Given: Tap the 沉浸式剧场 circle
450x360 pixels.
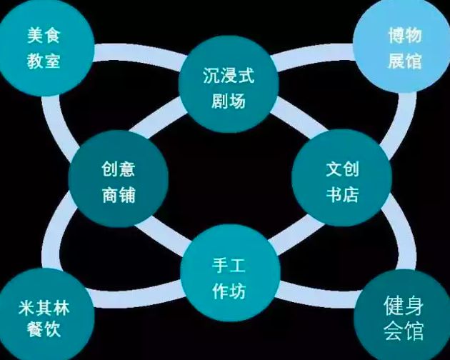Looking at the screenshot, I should [x=226, y=86].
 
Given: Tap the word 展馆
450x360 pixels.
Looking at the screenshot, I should [x=405, y=59].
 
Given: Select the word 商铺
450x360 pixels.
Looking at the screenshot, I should [x=119, y=194].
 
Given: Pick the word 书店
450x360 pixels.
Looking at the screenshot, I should [x=341, y=194].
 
